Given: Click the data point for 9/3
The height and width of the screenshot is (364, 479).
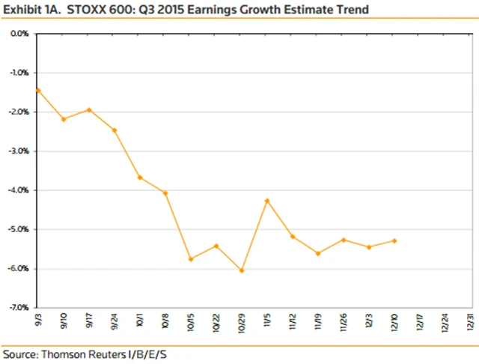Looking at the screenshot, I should coord(37,90).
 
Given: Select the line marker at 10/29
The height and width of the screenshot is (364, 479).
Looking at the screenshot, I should coord(242,270).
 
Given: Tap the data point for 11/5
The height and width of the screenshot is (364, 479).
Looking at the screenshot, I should coord(267,201).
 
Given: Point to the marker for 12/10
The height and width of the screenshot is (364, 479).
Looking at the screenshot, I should coord(394,240).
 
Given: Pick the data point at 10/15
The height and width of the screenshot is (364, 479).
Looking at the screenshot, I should coord(191,259).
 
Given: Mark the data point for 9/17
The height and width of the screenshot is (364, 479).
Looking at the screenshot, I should coord(89,110).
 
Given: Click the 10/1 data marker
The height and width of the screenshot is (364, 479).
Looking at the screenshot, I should coord(140,178).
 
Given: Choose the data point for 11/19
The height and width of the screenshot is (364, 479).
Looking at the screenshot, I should coord(318,254).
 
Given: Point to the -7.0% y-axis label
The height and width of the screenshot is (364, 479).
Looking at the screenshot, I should coord(19,308).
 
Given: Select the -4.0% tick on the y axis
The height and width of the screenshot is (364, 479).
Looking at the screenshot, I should coord(19,190).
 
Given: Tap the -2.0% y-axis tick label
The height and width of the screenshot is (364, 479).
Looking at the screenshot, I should coord(19,112).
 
